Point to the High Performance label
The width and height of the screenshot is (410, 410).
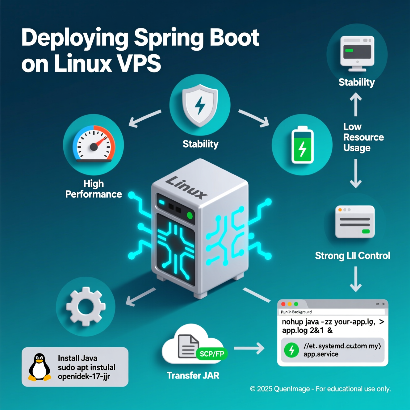pyautogui.click(x=94, y=189)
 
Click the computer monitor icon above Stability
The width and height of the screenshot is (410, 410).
pyautogui.click(x=357, y=51)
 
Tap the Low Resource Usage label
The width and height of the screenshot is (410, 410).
pyautogui.click(x=363, y=137)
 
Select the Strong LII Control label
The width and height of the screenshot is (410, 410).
pyautogui.click(x=353, y=256)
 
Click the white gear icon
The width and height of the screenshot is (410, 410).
pyautogui.click(x=86, y=306)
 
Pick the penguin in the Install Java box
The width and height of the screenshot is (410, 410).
pyautogui.click(x=40, y=367)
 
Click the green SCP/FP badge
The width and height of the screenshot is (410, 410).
pyautogui.click(x=212, y=354)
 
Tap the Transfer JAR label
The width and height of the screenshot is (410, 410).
pyautogui.click(x=193, y=375)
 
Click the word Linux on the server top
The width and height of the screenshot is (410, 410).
pyautogui.click(x=186, y=187)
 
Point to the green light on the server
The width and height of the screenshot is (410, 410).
pyautogui.click(x=190, y=215)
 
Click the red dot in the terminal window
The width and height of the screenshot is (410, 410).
pyautogui.click(x=283, y=304)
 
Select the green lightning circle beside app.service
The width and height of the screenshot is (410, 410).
pyautogui.click(x=291, y=350)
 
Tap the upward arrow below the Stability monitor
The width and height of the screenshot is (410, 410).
pyautogui.click(x=356, y=105)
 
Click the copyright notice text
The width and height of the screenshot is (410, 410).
pyautogui.click(x=320, y=389)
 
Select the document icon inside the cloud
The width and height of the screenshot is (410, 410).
pyautogui.click(x=188, y=346)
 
